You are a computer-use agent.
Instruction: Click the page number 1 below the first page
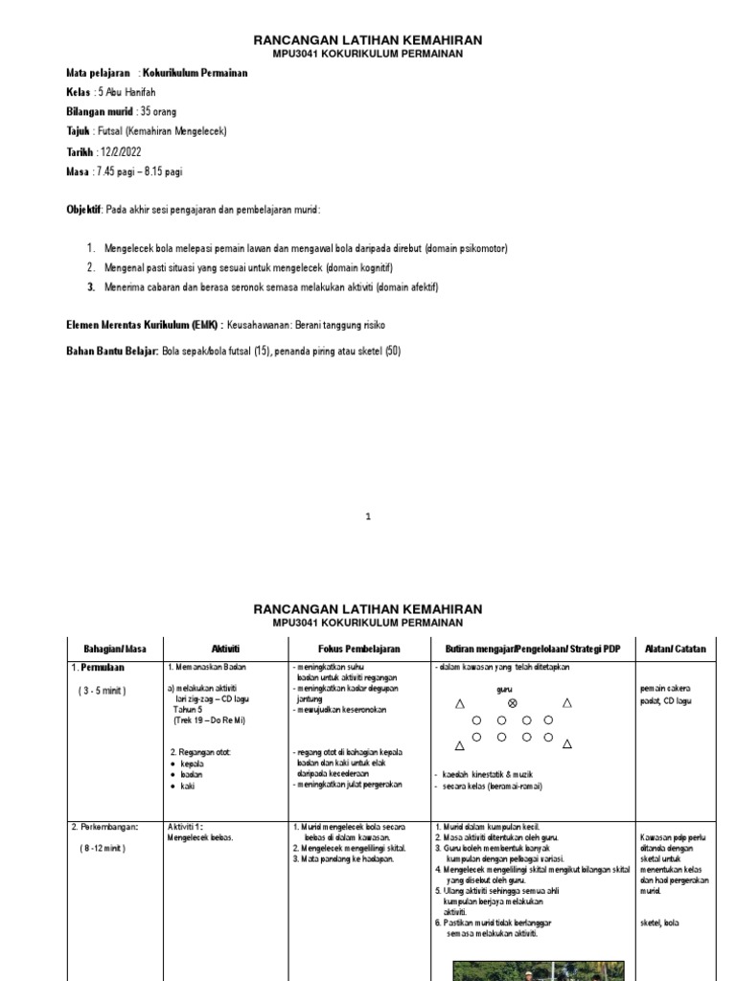[368, 517]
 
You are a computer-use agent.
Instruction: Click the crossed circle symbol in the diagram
[512, 703]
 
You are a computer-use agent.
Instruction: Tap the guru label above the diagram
[504, 688]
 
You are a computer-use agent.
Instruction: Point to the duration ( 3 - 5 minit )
[103, 690]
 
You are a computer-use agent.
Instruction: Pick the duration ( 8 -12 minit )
[103, 848]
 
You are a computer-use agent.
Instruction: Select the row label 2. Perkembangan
[106, 826]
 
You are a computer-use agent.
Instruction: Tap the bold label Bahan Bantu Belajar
[111, 352]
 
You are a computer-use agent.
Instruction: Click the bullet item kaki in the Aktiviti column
[189, 786]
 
